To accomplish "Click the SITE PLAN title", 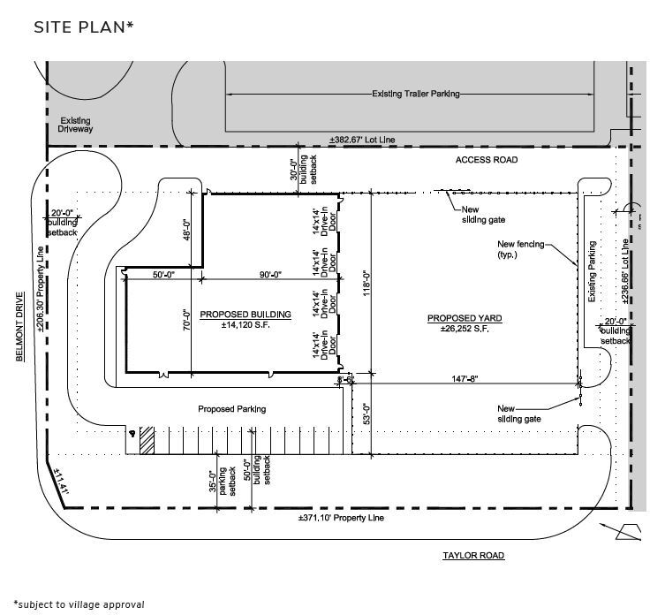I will pos(84,27).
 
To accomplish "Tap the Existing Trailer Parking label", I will pos(415,94).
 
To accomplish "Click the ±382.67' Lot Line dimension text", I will pos(363,140).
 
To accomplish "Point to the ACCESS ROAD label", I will pos(486,160).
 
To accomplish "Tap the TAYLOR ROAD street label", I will pos(473,556).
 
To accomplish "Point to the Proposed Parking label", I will pos(231,409).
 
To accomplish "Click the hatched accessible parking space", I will pos(147,441).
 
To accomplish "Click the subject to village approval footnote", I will pos(79,604).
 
